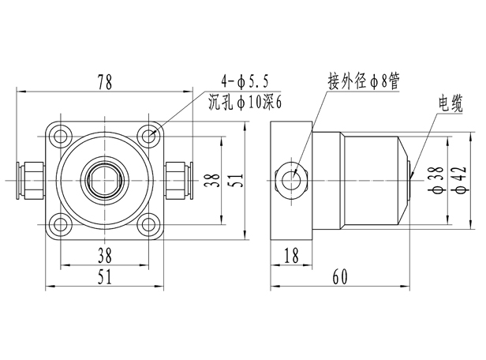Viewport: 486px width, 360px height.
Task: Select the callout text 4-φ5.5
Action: click(x=246, y=81)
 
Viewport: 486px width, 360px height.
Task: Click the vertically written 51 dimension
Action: click(x=234, y=181)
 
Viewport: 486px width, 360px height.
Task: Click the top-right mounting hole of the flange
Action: click(x=151, y=136)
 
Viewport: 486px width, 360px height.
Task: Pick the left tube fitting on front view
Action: click(x=32, y=181)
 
